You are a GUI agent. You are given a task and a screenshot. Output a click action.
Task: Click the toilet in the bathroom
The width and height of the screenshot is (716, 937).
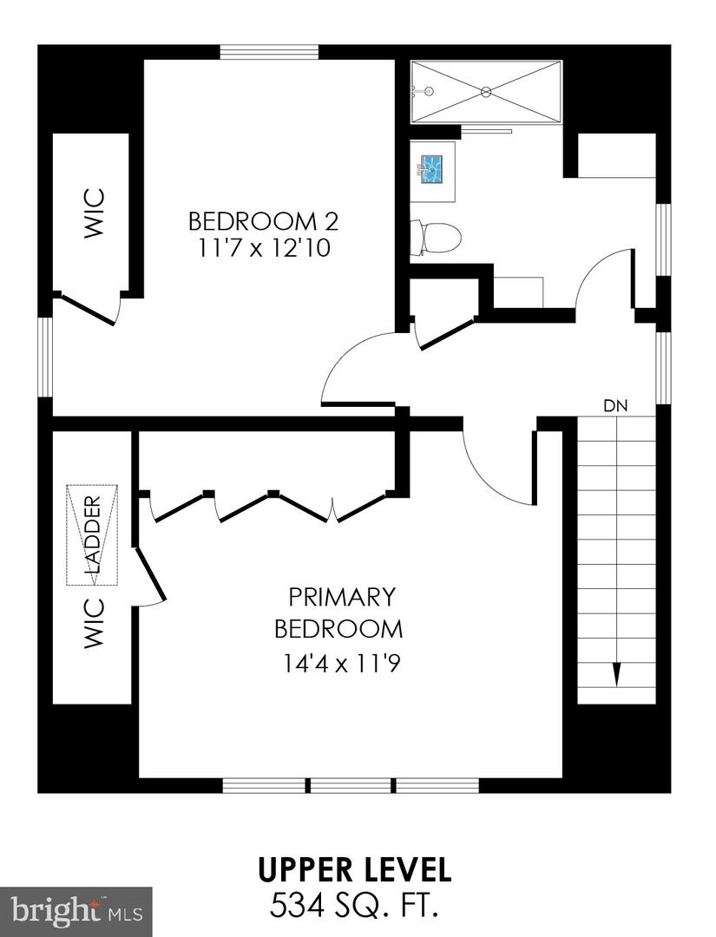(435, 235)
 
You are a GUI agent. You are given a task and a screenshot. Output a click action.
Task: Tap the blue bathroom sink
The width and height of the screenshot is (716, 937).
(431, 167)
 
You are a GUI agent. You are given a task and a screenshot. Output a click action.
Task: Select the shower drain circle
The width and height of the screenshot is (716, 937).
(486, 91)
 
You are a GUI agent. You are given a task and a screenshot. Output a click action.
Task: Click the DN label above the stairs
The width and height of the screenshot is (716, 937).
(615, 405)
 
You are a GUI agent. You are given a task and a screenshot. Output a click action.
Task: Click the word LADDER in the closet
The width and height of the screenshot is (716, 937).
(92, 534)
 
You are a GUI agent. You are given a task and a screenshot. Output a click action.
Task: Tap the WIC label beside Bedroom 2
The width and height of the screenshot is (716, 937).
(94, 213)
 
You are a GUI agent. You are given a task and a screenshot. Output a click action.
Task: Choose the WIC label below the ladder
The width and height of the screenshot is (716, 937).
(94, 623)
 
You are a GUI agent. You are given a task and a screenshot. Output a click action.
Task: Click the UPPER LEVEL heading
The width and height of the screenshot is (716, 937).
(354, 869)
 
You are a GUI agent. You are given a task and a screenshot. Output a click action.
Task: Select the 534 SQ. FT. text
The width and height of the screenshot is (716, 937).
(354, 906)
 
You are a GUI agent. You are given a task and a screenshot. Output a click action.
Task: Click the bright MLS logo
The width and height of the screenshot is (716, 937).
(76, 910)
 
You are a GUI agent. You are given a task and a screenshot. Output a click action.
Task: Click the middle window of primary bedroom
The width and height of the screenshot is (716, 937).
(351, 785)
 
